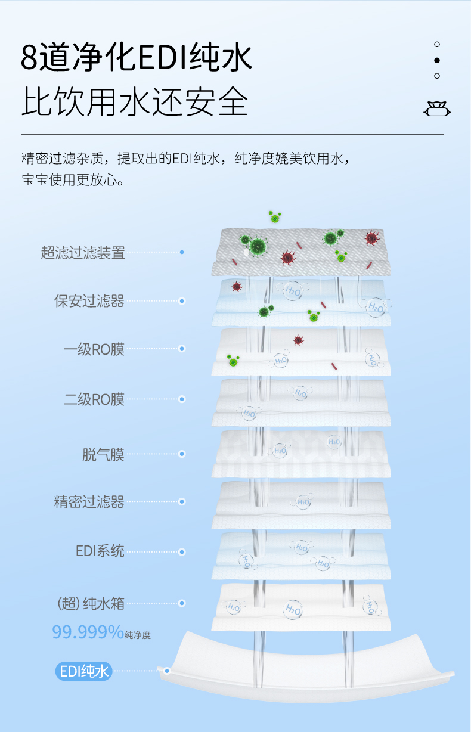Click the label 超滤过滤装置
click(83, 252)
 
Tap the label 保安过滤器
click(89, 301)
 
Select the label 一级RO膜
click(94, 349)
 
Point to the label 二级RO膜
click(94, 399)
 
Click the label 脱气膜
click(103, 454)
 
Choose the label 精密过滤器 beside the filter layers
click(89, 502)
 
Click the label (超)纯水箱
click(91, 603)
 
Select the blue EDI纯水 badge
click(84, 671)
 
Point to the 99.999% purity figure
click(88, 631)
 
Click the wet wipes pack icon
click(437, 109)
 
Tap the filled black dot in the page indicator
click(437, 60)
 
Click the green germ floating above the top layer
click(274, 217)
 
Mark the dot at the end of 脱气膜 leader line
click(182, 454)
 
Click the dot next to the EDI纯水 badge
click(168, 671)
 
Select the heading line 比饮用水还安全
click(135, 102)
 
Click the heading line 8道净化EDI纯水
click(137, 58)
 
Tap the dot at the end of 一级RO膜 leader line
click(182, 349)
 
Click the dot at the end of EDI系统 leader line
click(182, 551)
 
